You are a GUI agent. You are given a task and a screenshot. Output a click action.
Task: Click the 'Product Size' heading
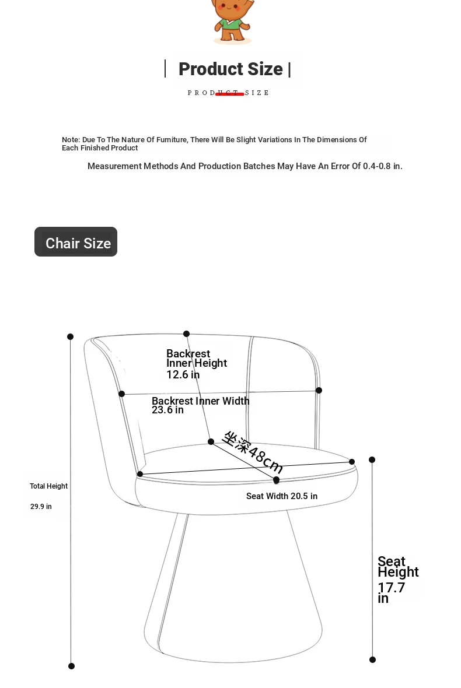[x=230, y=69]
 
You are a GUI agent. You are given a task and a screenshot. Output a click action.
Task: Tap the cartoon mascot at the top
[x=232, y=20]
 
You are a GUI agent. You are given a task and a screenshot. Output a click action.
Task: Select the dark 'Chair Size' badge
[x=76, y=242]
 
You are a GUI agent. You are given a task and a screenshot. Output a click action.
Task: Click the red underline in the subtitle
[x=229, y=94]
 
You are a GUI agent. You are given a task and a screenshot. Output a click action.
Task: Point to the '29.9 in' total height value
[x=41, y=506]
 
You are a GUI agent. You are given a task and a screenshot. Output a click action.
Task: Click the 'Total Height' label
[x=49, y=486]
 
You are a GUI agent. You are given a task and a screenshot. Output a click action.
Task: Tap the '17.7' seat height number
[x=391, y=588]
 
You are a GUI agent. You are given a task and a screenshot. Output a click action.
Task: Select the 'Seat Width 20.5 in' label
[x=282, y=496]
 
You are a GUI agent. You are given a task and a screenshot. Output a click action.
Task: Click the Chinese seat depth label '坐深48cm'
[x=253, y=452]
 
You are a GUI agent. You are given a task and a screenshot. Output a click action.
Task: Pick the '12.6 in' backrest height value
[x=183, y=375]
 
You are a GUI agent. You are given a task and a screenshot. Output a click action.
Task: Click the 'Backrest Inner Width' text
[x=201, y=401]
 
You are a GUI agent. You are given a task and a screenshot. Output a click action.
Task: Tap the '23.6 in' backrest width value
[x=167, y=410]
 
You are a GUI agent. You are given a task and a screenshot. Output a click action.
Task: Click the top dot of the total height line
[x=70, y=336]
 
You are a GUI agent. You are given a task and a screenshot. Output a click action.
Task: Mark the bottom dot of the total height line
[x=72, y=666]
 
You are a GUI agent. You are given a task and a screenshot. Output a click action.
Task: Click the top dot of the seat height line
[x=372, y=460]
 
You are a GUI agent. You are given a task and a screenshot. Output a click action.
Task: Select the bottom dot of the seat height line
[x=373, y=659]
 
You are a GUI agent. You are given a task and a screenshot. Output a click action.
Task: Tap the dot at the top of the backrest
[x=186, y=334]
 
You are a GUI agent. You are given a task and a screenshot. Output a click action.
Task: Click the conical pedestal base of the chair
[x=233, y=588]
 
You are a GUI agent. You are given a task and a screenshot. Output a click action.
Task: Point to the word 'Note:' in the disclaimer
[x=71, y=139]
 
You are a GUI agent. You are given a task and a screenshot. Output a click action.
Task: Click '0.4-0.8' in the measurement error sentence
[x=377, y=166]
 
